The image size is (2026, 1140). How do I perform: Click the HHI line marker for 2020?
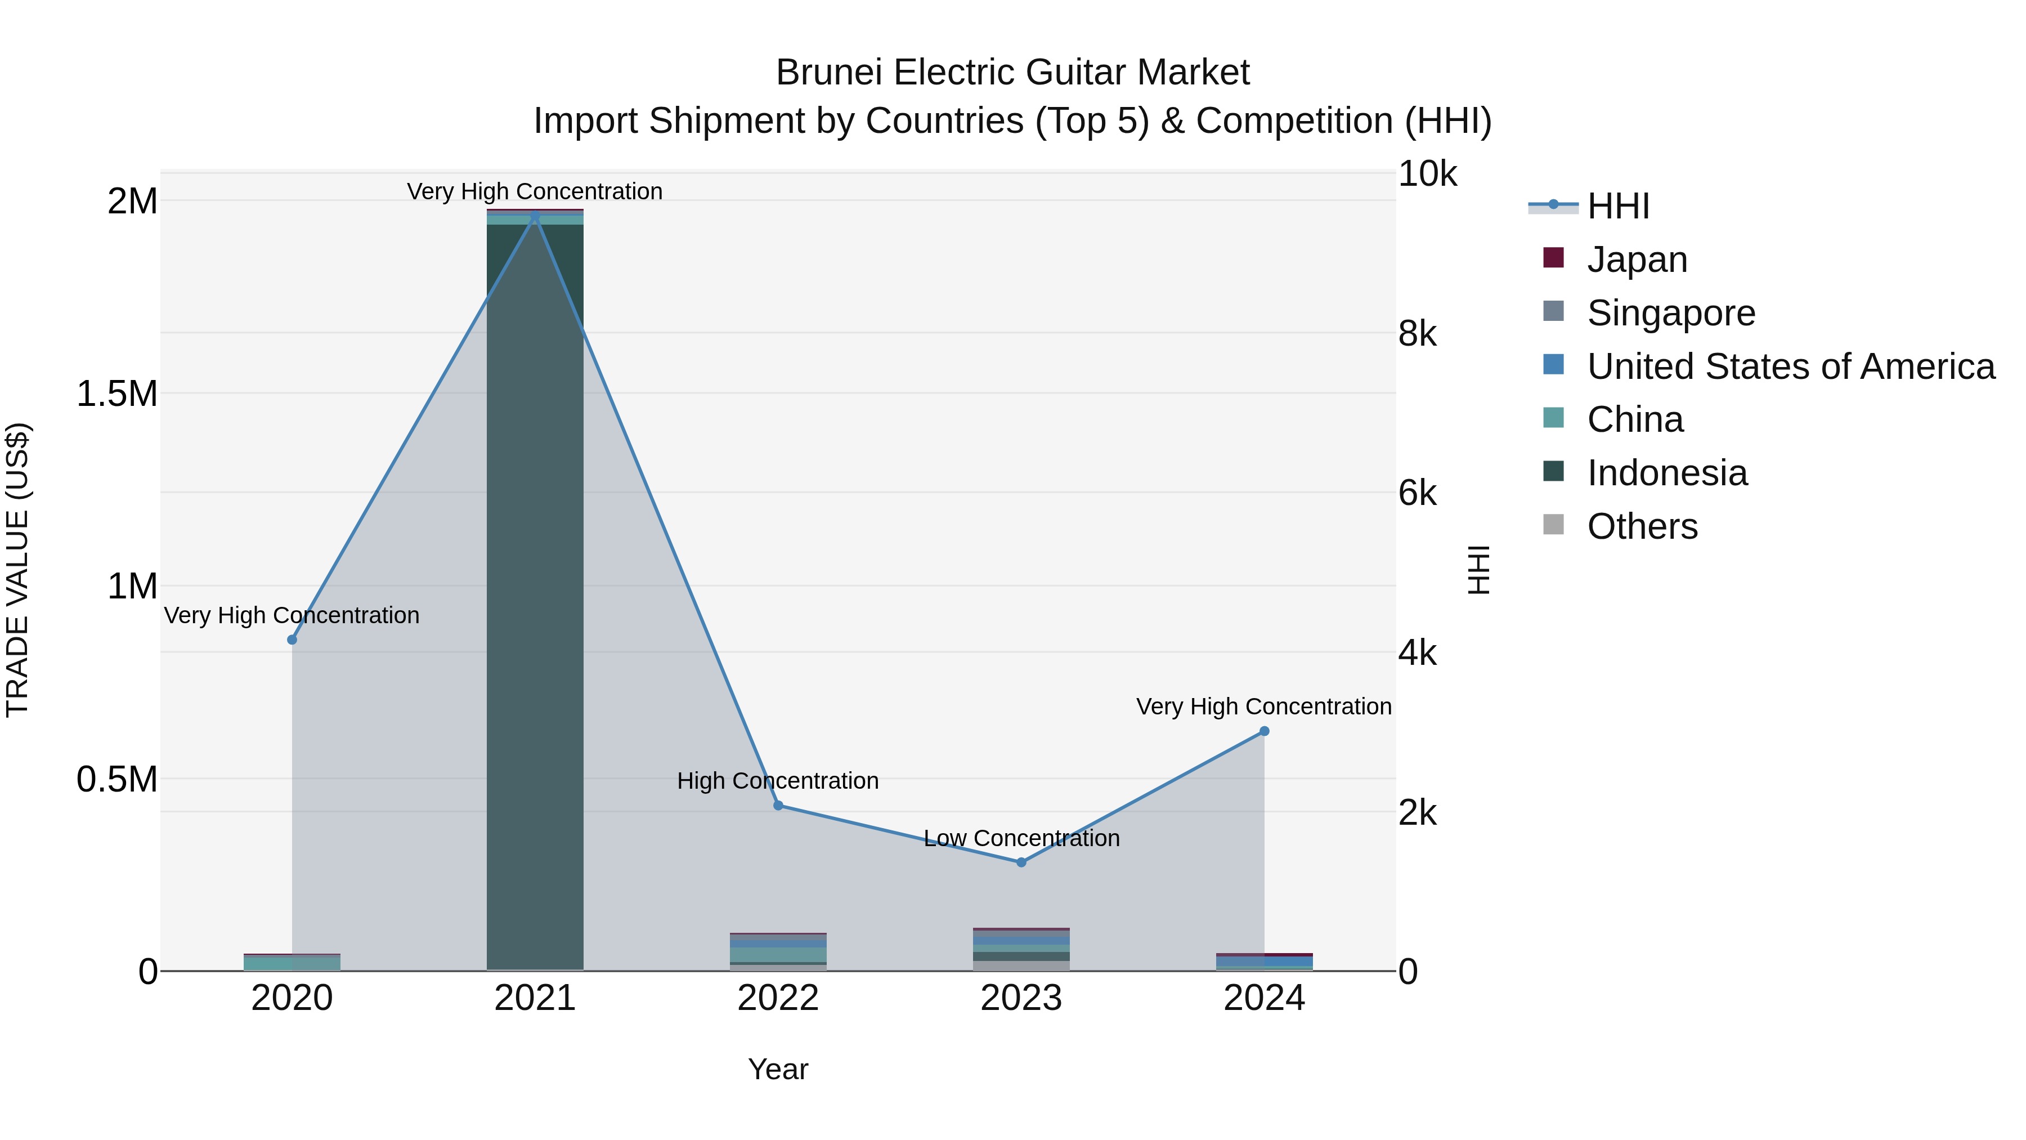click(x=292, y=640)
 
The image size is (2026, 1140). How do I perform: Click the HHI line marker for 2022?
click(x=778, y=805)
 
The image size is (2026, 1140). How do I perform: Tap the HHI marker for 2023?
click(x=1021, y=862)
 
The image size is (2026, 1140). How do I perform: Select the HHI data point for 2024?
click(x=1264, y=731)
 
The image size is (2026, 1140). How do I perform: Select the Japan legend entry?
click(x=1636, y=259)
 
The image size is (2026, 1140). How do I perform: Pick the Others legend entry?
click(x=1642, y=526)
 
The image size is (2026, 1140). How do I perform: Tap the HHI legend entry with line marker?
click(x=1618, y=206)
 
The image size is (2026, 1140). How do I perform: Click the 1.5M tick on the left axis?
click(x=117, y=394)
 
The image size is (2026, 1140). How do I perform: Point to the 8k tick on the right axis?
click(x=1417, y=334)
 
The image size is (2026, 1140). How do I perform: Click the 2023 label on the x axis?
click(x=1021, y=998)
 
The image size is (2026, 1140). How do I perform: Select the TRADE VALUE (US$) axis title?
click(x=17, y=570)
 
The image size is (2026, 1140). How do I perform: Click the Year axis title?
click(x=778, y=1069)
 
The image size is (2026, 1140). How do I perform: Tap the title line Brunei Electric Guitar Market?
click(x=1012, y=73)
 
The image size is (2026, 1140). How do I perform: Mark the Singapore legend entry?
click(x=1670, y=312)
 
